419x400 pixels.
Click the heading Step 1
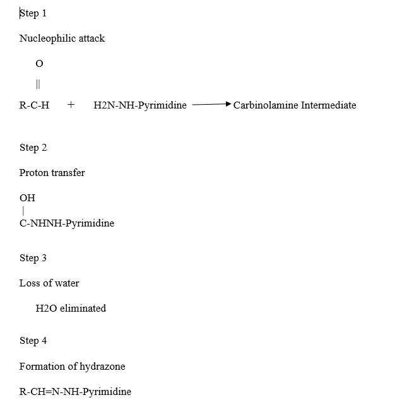[x=33, y=13]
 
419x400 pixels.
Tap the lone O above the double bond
[x=39, y=64]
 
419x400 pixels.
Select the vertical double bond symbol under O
[x=38, y=84]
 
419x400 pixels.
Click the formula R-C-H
[x=34, y=105]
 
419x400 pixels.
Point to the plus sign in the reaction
[x=71, y=105]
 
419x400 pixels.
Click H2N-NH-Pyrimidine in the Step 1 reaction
[x=140, y=105]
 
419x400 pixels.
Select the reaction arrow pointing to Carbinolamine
[x=211, y=104]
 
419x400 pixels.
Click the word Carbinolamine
[x=266, y=105]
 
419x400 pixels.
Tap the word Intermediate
[x=328, y=105]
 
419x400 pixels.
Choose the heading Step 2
[x=33, y=148]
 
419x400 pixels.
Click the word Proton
[x=34, y=173]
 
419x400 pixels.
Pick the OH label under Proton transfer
[x=27, y=198]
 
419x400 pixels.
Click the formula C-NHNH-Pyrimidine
[x=67, y=223]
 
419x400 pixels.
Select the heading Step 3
[x=33, y=258]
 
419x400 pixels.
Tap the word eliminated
[x=83, y=309]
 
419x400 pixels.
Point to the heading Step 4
[x=33, y=341]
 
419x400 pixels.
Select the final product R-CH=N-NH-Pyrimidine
[x=75, y=391]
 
